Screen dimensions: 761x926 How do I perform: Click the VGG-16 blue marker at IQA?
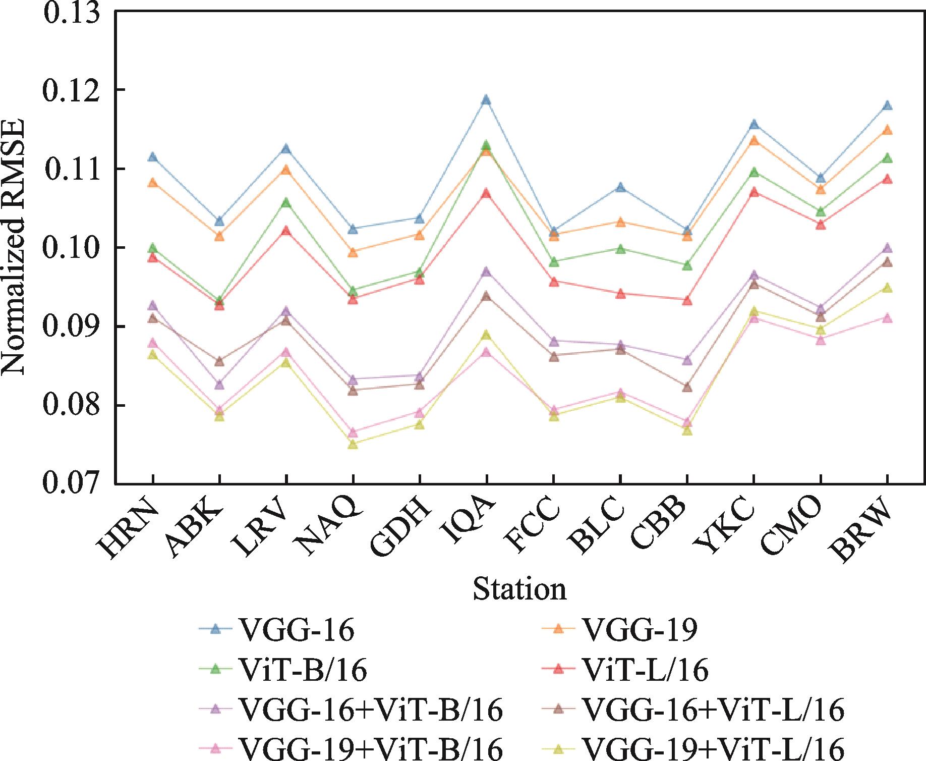(486, 100)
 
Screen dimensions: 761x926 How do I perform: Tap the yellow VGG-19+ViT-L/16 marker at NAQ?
(353, 445)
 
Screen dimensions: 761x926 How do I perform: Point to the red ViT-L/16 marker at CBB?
(687, 301)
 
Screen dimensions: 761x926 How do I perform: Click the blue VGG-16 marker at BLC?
(620, 188)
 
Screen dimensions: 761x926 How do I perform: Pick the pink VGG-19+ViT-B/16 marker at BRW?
(887, 318)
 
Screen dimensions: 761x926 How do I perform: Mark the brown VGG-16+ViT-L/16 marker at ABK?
(219, 361)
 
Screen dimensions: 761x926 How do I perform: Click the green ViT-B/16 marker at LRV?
(286, 203)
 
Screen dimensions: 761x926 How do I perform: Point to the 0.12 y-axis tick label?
(71, 90)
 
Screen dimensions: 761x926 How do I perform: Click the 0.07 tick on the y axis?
(71, 484)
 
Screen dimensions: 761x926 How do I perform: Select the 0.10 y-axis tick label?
(71, 248)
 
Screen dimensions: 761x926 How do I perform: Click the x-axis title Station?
(519, 589)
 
